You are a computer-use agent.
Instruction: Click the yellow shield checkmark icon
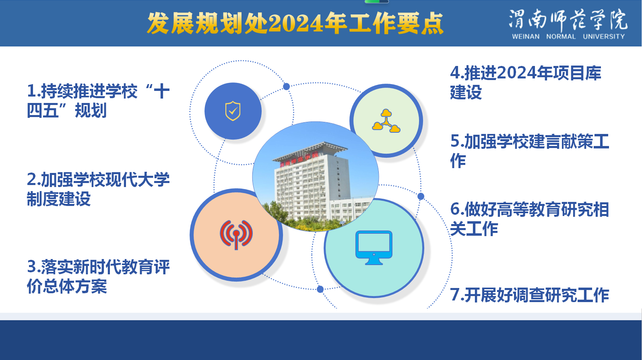[233, 111]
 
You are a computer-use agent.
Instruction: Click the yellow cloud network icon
[386, 121]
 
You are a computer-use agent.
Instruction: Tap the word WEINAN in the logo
[526, 37]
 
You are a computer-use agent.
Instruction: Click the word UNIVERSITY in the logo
[604, 37]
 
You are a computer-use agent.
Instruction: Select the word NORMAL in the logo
[561, 37]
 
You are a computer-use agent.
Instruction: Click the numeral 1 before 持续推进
[31, 91]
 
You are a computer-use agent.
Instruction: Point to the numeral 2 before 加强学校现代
[31, 179]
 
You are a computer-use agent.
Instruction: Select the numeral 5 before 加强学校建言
[455, 141]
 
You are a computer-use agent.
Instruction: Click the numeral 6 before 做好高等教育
[455, 209]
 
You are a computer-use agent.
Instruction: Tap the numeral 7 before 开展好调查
[455, 294]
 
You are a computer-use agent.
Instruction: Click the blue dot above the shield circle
[286, 86]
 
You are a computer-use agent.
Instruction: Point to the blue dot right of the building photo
[421, 196]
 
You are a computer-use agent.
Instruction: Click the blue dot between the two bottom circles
[320, 289]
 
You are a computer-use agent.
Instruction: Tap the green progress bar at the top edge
[372, 2]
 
